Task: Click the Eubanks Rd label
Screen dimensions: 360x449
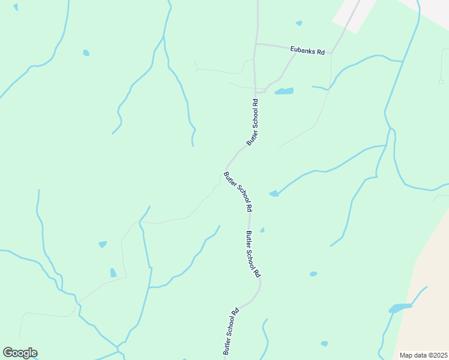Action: [x=307, y=51]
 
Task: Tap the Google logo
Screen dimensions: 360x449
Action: [x=20, y=353]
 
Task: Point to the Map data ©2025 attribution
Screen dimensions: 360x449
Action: [x=423, y=355]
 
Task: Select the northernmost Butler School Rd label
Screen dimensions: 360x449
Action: [x=253, y=122]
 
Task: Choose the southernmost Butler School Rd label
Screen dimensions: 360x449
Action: [x=231, y=331]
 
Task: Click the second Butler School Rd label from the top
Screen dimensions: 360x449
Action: [x=238, y=192]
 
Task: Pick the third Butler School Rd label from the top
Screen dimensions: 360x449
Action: [x=253, y=254]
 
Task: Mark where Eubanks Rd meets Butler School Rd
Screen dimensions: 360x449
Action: [x=256, y=44]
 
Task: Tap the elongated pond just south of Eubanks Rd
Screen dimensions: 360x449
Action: [x=284, y=91]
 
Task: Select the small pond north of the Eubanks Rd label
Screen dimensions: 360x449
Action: [x=299, y=23]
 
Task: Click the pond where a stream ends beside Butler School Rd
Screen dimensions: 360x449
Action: [x=274, y=193]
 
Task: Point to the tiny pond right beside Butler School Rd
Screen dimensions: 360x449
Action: [x=262, y=230]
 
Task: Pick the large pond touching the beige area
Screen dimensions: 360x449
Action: [x=400, y=308]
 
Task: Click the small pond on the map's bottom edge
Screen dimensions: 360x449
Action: [x=324, y=344]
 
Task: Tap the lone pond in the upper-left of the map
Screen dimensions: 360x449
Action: [x=86, y=53]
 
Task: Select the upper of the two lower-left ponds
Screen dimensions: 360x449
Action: [x=103, y=244]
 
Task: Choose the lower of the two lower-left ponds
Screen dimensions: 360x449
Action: [x=113, y=273]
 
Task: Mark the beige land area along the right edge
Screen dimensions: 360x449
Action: [x=429, y=288]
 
